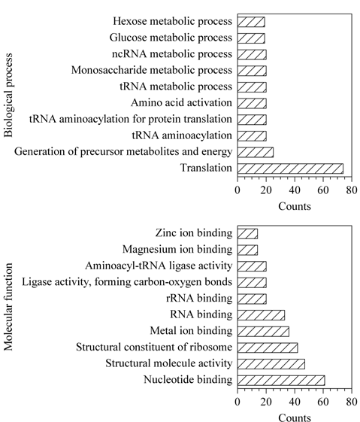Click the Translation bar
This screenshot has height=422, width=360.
point(290,168)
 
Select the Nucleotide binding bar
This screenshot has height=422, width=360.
point(281,381)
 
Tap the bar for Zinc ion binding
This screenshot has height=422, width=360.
point(247,234)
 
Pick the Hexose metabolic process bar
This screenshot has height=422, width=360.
point(251,22)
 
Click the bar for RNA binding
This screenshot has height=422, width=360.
point(261,315)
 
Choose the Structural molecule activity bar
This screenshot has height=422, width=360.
point(271,364)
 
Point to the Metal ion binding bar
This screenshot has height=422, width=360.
point(263,331)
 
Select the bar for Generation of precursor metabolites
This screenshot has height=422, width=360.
point(256,153)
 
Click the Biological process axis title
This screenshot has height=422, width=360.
point(8,96)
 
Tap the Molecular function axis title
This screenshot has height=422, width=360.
point(8,307)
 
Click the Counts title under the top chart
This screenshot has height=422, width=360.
point(295,206)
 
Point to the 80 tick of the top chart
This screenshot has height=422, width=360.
point(352,190)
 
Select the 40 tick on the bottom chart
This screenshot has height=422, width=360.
point(295,402)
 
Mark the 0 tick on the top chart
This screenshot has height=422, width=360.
point(237,190)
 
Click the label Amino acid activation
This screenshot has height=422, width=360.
point(181,102)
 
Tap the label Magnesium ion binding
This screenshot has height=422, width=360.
point(177,249)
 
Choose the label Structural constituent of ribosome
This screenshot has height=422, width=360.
point(154,347)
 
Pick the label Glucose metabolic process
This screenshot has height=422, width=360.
point(171,38)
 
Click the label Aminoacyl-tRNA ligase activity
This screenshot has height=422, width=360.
point(159,266)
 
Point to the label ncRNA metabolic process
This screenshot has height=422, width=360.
point(172,54)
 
